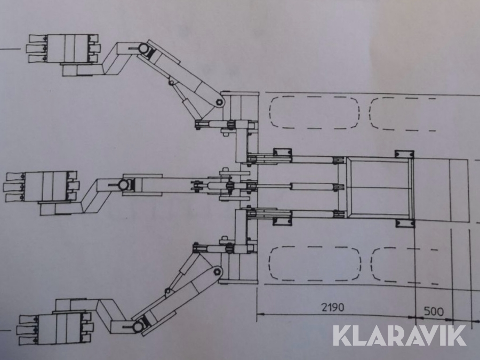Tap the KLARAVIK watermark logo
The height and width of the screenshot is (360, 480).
coord(399,335)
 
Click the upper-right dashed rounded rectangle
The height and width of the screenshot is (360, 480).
coord(403,113)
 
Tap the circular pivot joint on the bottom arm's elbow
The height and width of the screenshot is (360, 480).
coord(140,324)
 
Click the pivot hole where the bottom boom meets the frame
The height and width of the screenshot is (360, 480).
coord(218,271)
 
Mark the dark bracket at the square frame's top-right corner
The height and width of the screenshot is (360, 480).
coord(404,154)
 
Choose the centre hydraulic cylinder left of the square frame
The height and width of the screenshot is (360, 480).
coord(315,186)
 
